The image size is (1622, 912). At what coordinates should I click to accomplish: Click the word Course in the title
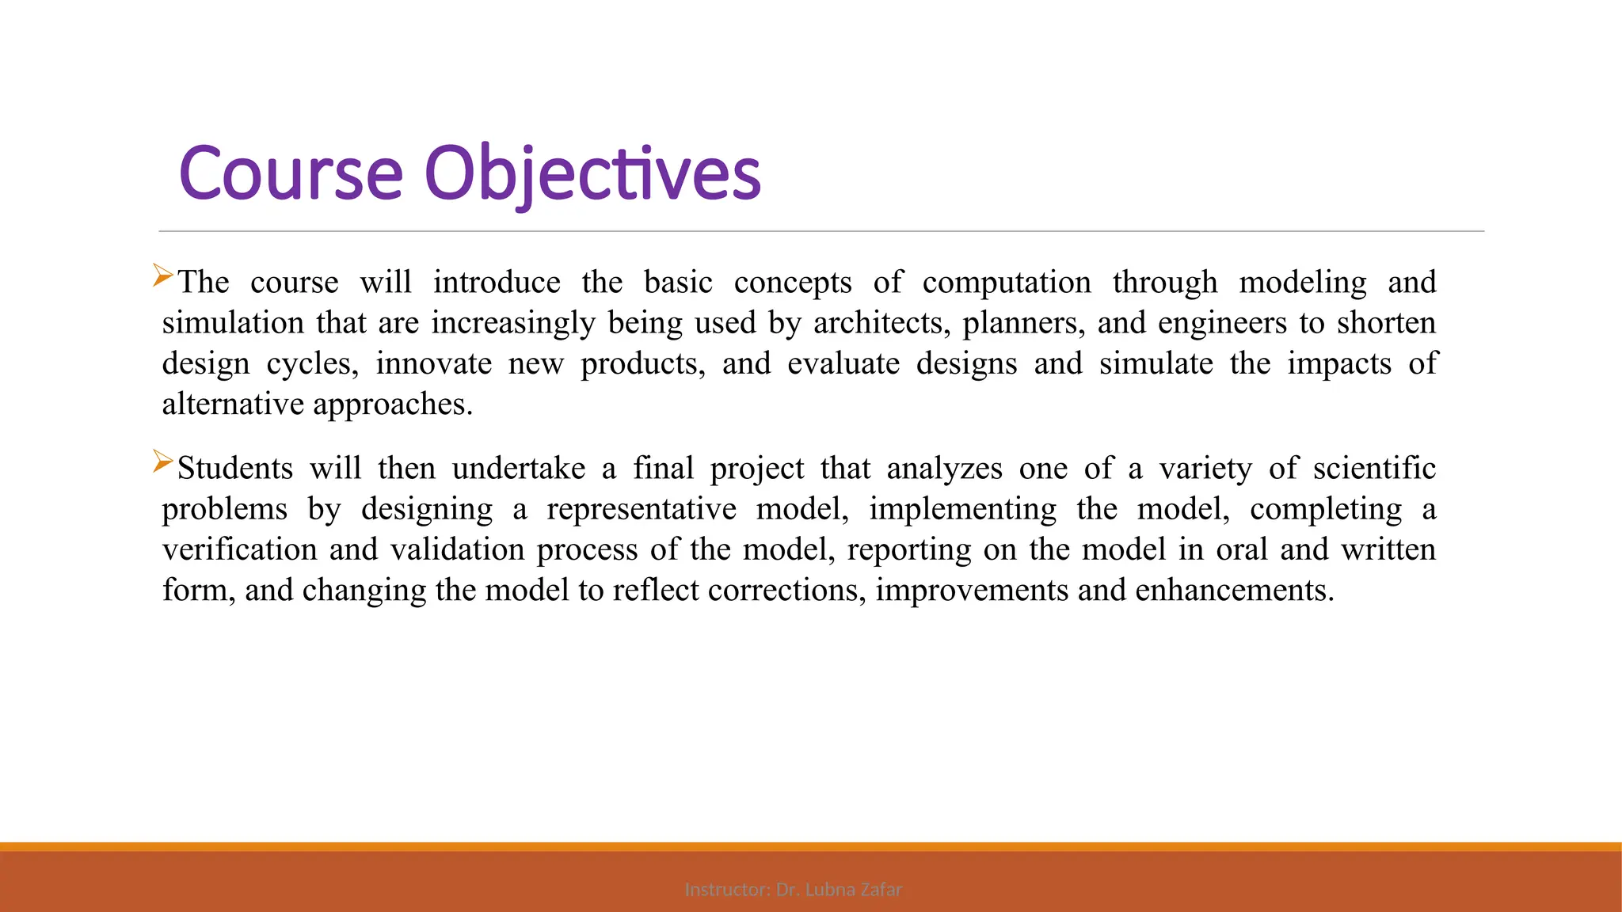[x=291, y=173]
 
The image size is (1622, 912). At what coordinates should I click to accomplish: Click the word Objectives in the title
[x=592, y=173]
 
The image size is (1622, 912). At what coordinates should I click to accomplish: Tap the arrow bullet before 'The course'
[x=162, y=275]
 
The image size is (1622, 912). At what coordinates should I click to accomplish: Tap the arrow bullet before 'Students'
[x=162, y=462]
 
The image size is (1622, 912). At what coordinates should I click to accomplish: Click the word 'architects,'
[x=881, y=323]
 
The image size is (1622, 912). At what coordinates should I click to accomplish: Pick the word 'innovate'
[x=433, y=363]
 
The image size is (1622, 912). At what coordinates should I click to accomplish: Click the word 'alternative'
[x=233, y=404]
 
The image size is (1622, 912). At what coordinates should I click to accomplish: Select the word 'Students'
[x=234, y=469]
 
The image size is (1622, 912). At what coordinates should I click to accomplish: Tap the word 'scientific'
[x=1374, y=469]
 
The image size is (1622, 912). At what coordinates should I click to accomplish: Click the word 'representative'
[x=641, y=509]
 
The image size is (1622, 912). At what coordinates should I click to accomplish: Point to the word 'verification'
[x=239, y=549]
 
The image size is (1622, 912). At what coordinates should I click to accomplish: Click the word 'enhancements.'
[x=1234, y=590]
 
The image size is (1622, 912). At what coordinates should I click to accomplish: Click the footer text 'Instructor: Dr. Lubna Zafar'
[x=793, y=890]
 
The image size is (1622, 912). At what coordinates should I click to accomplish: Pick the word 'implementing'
[x=962, y=509]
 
